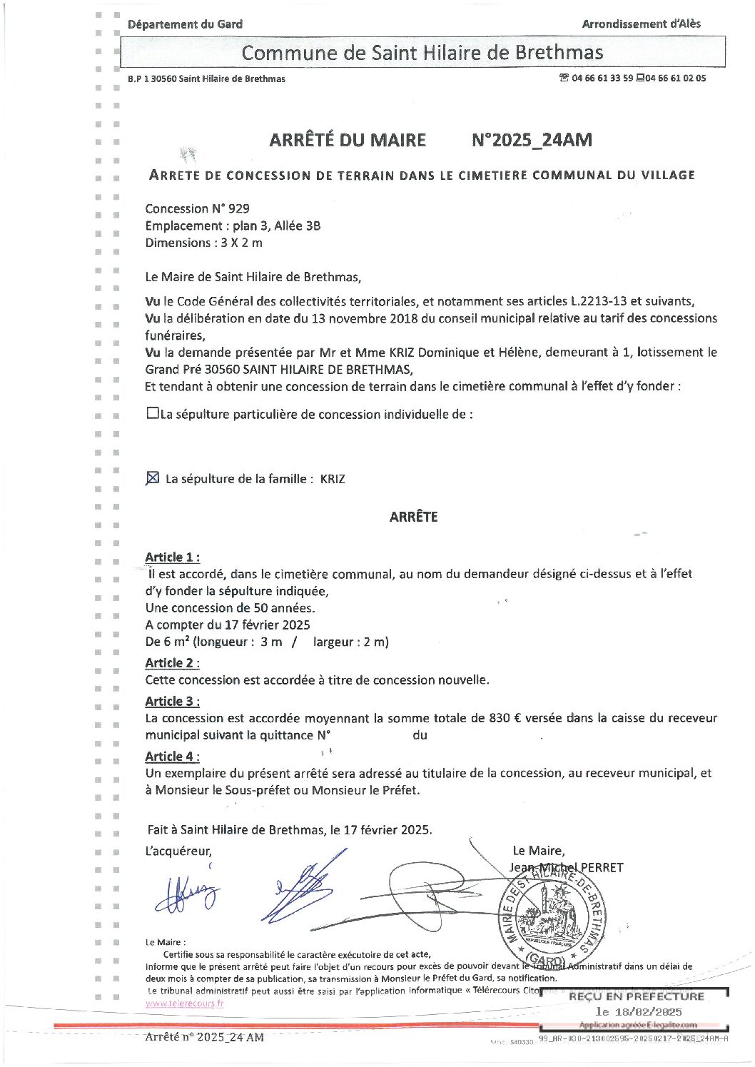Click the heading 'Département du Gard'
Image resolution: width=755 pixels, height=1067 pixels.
point(185,24)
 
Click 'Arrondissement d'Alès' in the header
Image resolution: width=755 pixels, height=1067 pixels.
point(641,24)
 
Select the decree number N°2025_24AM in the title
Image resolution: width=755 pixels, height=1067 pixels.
point(532,140)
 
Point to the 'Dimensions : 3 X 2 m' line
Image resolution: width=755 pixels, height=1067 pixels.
point(203,243)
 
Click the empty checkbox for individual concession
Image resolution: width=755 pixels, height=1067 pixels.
point(152,413)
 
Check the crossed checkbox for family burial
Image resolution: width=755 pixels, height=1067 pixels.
point(152,478)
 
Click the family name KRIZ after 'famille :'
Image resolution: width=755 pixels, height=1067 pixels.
point(333,479)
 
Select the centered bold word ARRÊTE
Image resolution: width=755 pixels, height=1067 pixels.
point(413,517)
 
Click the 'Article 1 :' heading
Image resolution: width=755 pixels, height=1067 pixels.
point(172,557)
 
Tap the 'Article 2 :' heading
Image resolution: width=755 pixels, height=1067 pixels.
point(172,663)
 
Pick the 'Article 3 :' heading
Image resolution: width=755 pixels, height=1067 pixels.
point(172,702)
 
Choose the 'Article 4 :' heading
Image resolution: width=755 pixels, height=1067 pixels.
point(172,757)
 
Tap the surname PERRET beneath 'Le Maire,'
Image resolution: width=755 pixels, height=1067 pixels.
point(602,867)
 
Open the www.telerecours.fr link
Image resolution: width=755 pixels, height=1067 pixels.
point(184,1003)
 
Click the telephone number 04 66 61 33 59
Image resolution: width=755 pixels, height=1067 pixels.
point(602,79)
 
